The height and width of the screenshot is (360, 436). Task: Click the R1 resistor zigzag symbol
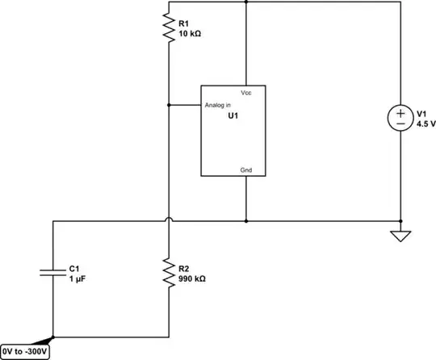167,26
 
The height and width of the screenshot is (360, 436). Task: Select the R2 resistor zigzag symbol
167,273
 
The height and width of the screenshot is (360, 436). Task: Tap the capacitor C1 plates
52,273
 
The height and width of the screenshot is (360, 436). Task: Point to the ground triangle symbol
400,236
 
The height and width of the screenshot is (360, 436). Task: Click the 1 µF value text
78,278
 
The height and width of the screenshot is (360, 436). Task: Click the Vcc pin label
246,94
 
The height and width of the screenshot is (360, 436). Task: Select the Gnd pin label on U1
246,170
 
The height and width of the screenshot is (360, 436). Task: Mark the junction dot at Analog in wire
167,105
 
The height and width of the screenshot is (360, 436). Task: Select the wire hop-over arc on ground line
167,219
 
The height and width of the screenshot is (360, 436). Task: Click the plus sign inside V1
400,113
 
